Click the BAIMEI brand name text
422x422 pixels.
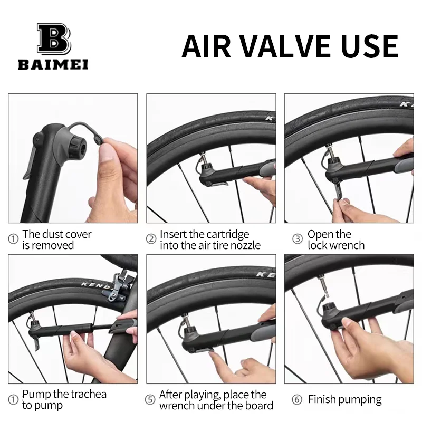pyautogui.click(x=53, y=65)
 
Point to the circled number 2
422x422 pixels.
pyautogui.click(x=151, y=239)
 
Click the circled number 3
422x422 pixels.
pyautogui.click(x=298, y=239)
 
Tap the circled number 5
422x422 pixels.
pyautogui.click(x=151, y=400)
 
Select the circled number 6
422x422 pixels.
pyautogui.click(x=298, y=400)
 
